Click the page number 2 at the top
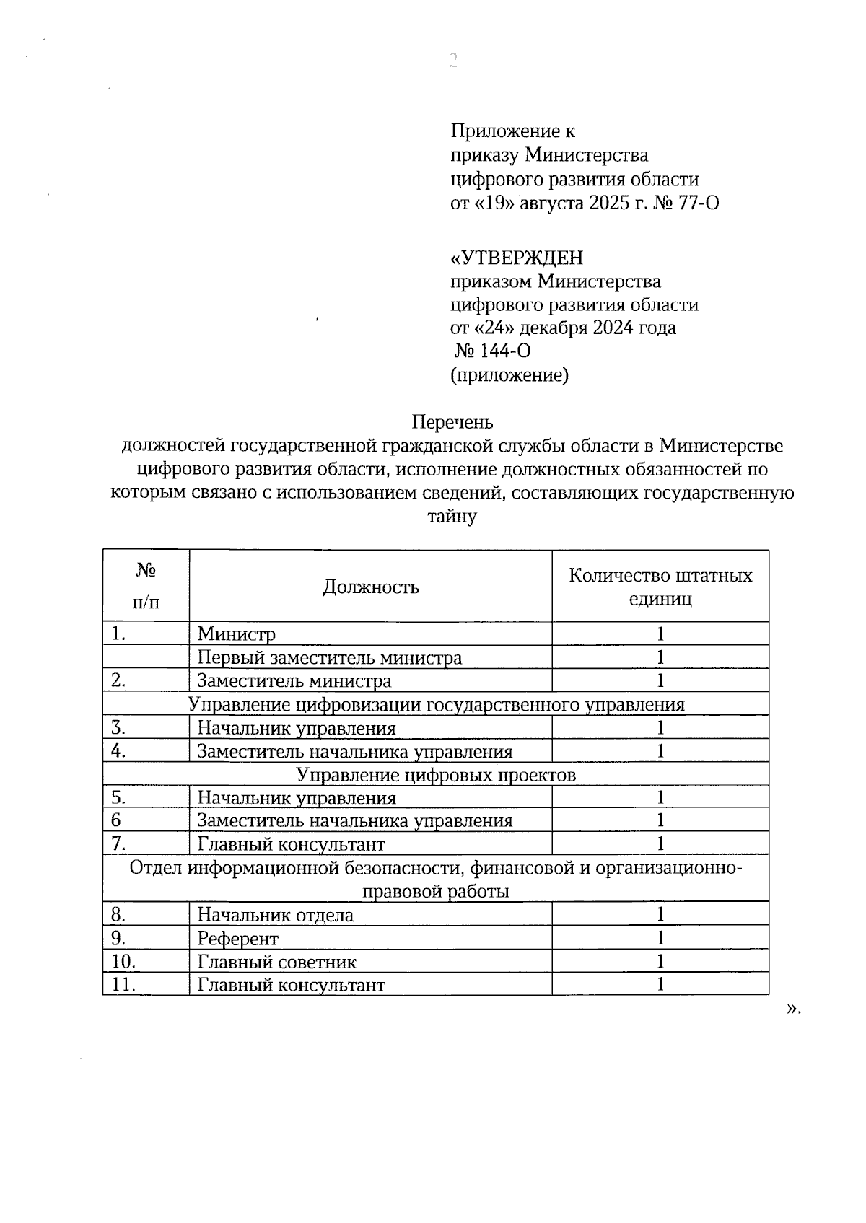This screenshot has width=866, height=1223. (x=453, y=60)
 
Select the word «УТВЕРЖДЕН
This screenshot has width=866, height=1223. (x=517, y=258)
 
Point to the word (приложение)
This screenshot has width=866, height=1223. (x=509, y=375)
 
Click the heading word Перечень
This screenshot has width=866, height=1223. (x=452, y=421)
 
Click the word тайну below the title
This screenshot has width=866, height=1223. (x=452, y=517)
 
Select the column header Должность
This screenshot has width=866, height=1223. (x=370, y=587)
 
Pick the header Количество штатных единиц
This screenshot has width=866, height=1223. (x=660, y=587)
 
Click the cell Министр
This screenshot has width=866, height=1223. (x=237, y=634)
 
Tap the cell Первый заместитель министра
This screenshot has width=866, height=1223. (x=330, y=658)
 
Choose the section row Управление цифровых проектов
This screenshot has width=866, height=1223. (x=436, y=775)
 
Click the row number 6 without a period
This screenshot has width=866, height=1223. (x=116, y=820)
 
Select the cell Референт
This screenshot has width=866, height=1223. (x=237, y=939)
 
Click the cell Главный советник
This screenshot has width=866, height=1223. (x=276, y=962)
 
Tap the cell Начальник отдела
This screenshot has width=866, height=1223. (x=275, y=916)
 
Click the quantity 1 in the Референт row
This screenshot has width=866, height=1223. (x=660, y=938)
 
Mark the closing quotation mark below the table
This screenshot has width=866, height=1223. (x=792, y=1008)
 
